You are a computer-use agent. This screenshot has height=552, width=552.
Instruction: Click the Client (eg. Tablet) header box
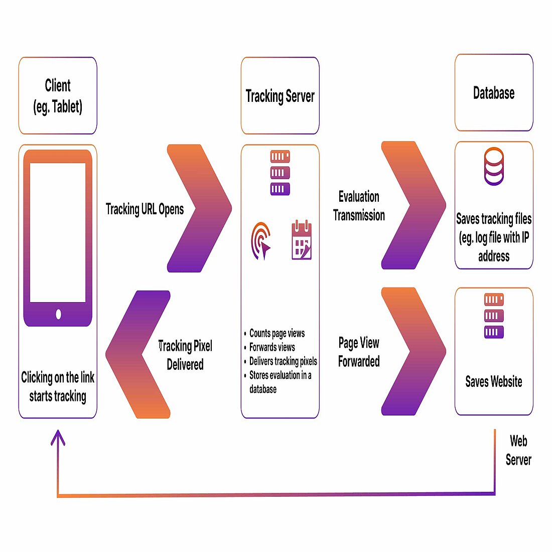tap(58, 96)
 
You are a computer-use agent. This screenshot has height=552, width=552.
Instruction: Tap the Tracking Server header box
tap(280, 96)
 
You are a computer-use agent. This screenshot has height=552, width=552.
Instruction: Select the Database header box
tap(494, 93)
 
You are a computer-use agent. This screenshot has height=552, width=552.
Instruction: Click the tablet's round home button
tap(58, 315)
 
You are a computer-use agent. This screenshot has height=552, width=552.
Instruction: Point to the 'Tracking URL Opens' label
tap(145, 209)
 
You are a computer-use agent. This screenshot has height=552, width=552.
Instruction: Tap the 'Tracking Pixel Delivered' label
tap(185, 355)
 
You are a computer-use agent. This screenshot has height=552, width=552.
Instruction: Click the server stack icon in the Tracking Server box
tap(280, 173)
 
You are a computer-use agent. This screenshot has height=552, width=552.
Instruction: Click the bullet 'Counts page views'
tap(277, 333)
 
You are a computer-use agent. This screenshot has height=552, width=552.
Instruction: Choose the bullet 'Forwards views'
tap(272, 347)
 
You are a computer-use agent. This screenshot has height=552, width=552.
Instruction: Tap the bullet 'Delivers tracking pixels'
tap(283, 361)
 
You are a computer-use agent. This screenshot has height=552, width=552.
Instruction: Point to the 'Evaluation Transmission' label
tap(359, 206)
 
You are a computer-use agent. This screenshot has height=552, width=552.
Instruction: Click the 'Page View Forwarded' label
tap(359, 352)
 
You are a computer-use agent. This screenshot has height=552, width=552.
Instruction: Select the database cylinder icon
tap(494, 166)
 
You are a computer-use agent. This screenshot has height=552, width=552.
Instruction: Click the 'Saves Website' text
tap(494, 381)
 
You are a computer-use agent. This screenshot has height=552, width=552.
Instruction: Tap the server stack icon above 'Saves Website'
tap(494, 316)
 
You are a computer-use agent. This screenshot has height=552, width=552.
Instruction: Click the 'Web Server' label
tap(518, 450)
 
